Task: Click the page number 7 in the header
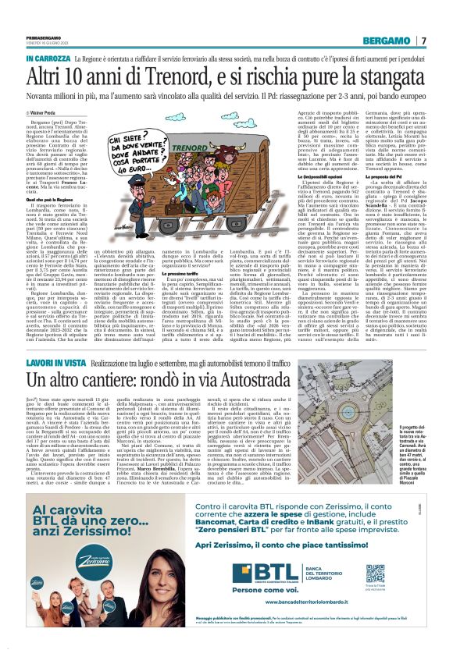(423, 41)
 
